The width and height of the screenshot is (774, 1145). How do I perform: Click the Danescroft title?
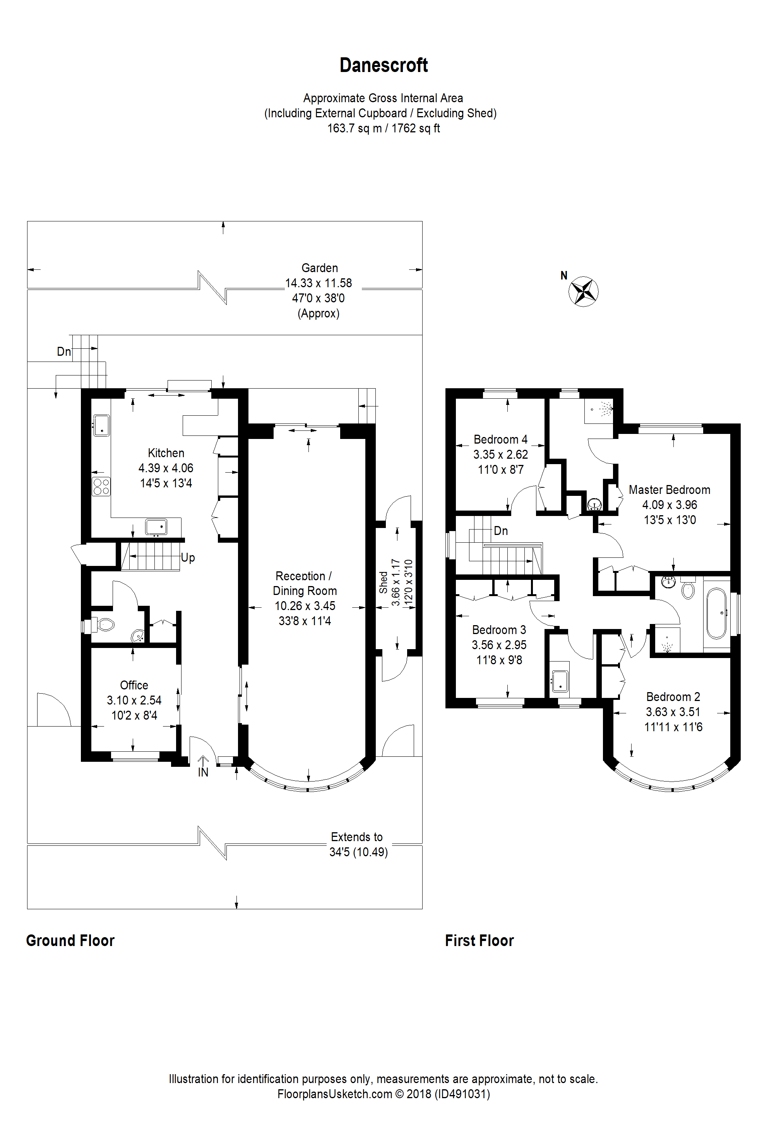(384, 65)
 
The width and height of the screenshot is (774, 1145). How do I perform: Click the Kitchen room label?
(166, 453)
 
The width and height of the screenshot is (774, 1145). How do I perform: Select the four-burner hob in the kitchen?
(101, 486)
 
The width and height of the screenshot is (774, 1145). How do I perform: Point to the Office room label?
(134, 685)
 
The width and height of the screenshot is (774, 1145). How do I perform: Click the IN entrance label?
(203, 772)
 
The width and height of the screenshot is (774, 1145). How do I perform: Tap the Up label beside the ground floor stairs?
(188, 558)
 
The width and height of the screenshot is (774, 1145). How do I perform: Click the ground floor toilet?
(101, 626)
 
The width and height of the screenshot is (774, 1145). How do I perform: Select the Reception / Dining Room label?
(305, 583)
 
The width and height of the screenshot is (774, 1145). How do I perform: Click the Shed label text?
(383, 582)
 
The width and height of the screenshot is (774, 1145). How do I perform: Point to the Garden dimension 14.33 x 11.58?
(318, 283)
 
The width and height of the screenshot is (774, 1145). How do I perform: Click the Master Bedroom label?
(670, 490)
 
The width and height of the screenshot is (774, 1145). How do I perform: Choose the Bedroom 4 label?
(500, 439)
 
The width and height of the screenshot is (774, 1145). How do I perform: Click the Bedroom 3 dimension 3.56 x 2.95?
(499, 645)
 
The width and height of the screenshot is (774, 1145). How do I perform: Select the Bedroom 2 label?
(673, 697)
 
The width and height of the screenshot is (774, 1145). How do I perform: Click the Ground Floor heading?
(70, 941)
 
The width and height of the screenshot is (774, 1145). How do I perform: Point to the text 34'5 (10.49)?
(359, 852)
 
